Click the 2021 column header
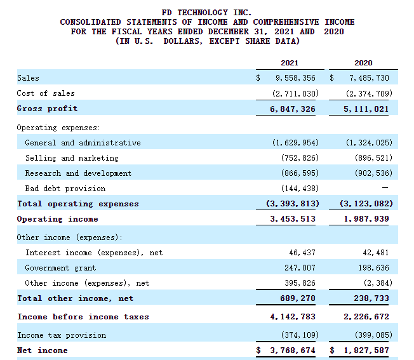(289, 63)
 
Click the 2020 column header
(363, 63)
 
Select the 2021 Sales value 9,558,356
(295, 78)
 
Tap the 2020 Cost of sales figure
(369, 93)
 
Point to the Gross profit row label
(47, 109)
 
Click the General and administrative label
(83, 143)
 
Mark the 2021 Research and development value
(300, 173)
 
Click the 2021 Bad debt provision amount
(300, 189)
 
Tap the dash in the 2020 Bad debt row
(385, 189)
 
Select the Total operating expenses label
(77, 204)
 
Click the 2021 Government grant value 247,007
(302, 268)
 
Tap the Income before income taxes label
(83, 317)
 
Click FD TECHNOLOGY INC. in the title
(207, 13)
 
